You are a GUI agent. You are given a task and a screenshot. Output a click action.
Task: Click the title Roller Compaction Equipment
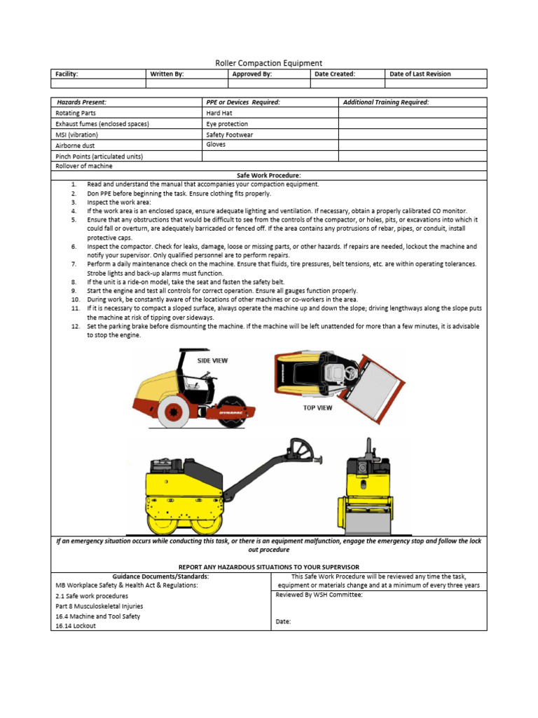coord(268,63)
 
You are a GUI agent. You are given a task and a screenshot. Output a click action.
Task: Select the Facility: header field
coord(67,74)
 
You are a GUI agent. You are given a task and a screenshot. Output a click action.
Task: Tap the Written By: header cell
coord(166,74)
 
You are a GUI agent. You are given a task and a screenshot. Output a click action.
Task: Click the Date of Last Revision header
coord(420,74)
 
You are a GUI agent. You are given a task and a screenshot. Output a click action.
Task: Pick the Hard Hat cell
coord(219,113)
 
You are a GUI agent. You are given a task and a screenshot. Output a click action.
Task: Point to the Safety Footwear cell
coord(230,135)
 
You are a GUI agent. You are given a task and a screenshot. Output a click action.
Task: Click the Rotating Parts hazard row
coord(76,113)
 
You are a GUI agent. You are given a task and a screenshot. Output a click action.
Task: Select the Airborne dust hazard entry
coord(75,146)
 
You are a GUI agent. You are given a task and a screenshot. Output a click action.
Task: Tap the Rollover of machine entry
coord(83,166)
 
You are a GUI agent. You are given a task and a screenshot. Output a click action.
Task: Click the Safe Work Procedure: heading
coord(269,175)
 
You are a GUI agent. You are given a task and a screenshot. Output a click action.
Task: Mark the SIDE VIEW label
coord(212,360)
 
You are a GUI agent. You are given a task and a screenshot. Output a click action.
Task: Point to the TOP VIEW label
coord(317,407)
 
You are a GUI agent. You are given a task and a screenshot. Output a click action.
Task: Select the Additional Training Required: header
coord(386,102)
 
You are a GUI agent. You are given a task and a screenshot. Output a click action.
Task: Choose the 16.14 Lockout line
coord(76,626)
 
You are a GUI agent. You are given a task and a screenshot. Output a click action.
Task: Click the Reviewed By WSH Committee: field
coord(319,595)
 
